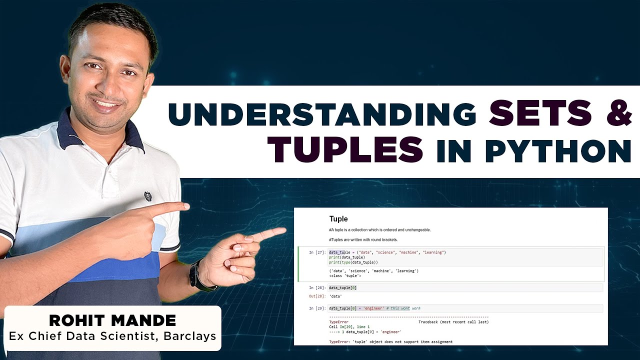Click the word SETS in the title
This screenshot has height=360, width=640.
tap(539, 113)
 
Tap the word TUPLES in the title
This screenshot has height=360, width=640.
tap(345, 149)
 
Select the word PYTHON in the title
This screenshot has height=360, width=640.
tap(558, 150)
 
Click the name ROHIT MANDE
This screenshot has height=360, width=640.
tap(112, 320)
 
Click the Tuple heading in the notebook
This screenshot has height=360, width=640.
tap(338, 219)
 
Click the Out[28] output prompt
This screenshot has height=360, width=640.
tap(318, 296)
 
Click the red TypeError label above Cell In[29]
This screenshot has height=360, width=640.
tap(338, 322)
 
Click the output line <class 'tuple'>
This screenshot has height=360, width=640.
tap(345, 275)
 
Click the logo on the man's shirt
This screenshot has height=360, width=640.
tap(148, 196)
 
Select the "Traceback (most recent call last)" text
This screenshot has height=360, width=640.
tap(453, 322)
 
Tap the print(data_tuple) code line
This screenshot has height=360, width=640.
tap(346, 257)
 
